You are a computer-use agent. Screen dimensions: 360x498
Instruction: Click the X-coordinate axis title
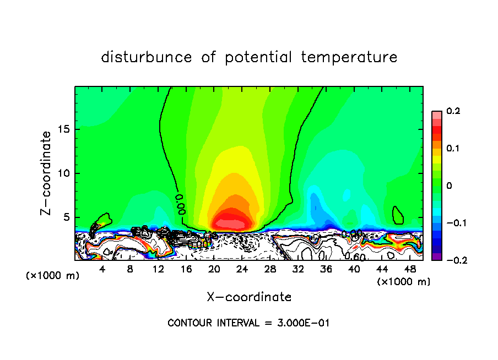tap(249, 297)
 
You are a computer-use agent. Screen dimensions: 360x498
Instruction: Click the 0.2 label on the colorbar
tap(453, 111)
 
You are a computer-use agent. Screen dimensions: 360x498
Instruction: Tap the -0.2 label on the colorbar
tap(451, 260)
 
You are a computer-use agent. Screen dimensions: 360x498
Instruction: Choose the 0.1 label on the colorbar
tap(453, 149)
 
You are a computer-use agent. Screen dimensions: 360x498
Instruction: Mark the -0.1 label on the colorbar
tap(451, 223)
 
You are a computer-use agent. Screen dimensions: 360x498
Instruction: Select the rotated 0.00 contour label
tap(180, 203)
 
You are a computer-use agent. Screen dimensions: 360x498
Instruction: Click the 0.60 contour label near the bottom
tap(355, 257)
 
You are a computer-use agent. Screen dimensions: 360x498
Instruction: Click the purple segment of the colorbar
tap(436, 256)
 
